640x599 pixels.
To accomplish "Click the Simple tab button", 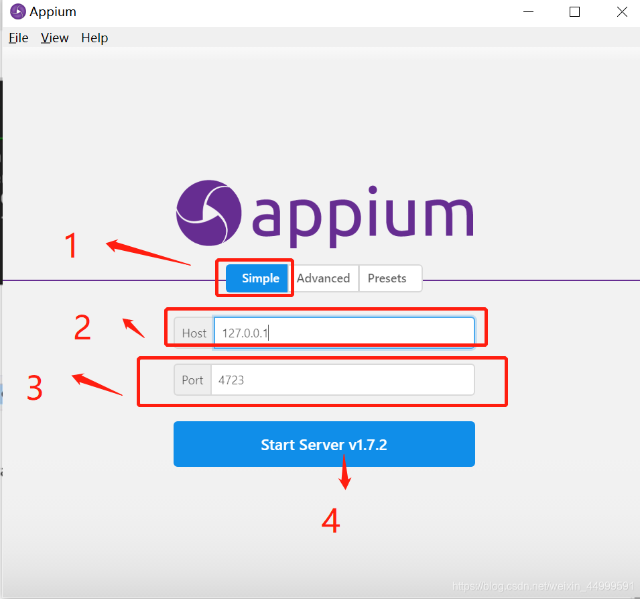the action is click(x=260, y=278).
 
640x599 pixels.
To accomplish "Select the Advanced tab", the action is click(x=323, y=278).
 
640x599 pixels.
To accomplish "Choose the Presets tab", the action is click(x=387, y=278).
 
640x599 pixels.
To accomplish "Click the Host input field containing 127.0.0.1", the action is click(x=344, y=333).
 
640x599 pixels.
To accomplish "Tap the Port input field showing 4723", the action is click(x=342, y=380).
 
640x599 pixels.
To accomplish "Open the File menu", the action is click(x=18, y=38).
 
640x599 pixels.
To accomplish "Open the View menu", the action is click(x=54, y=38).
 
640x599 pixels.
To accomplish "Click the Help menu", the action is click(x=94, y=38).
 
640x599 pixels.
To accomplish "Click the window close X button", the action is click(x=621, y=12).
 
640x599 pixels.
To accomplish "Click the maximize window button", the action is click(x=574, y=12).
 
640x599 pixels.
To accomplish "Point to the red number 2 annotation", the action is click(x=82, y=327).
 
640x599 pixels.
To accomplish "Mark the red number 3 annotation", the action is click(x=35, y=388).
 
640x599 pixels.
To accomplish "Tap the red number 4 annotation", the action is click(x=330, y=521).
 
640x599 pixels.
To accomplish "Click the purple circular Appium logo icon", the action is click(x=208, y=213).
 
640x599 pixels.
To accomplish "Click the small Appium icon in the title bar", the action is click(x=17, y=12).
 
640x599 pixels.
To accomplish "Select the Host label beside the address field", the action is click(x=194, y=333).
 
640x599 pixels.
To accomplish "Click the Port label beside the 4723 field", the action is click(x=192, y=380).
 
